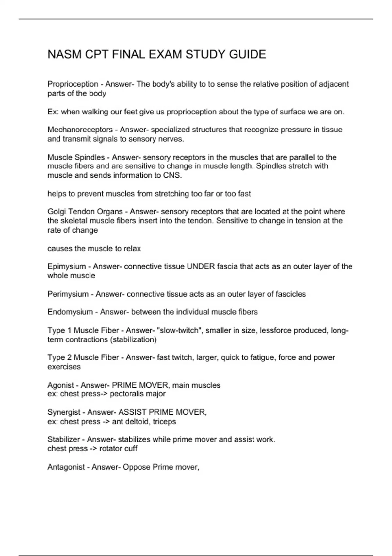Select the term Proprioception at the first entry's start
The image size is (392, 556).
(x=73, y=84)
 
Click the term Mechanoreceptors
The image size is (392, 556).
(x=80, y=130)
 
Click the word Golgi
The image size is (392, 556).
(x=57, y=212)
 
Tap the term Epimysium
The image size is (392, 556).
(x=67, y=267)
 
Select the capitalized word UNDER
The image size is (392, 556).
(x=201, y=267)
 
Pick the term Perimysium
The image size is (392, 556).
(x=68, y=294)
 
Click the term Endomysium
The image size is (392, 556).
(x=70, y=312)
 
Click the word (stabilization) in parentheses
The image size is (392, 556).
(x=133, y=339)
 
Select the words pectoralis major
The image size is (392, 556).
(x=138, y=394)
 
